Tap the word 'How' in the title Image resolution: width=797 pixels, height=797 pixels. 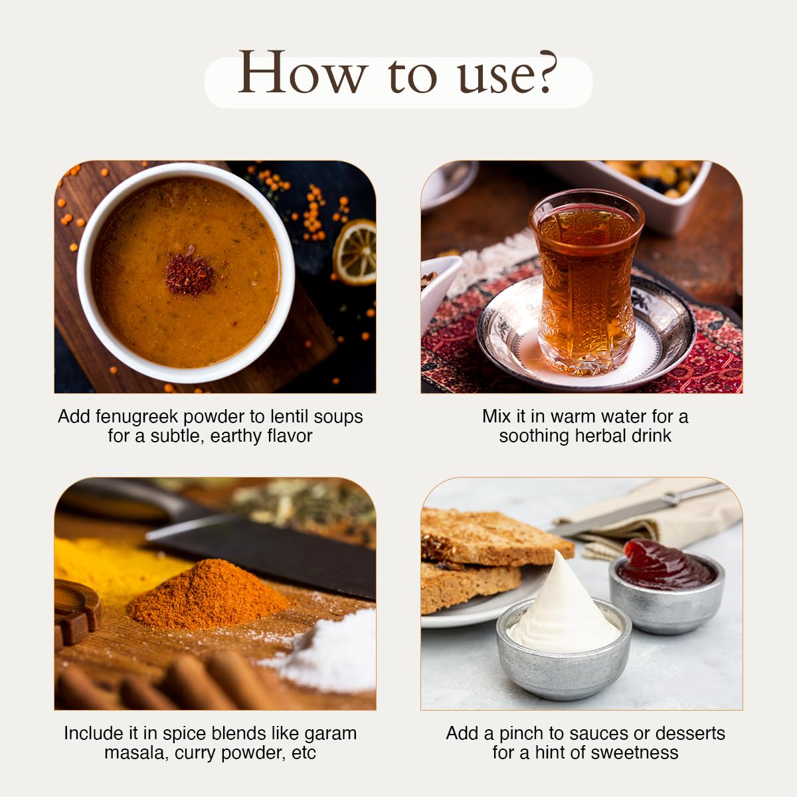(302, 72)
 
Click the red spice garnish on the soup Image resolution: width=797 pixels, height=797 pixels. (190, 274)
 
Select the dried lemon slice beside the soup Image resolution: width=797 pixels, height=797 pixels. (355, 252)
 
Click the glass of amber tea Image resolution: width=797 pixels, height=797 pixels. (586, 281)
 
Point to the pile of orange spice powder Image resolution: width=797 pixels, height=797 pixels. (209, 596)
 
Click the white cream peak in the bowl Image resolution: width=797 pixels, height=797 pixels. (564, 607)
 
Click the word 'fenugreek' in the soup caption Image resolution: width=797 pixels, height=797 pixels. (139, 417)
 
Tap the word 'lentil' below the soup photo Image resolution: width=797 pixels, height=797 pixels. (290, 416)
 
